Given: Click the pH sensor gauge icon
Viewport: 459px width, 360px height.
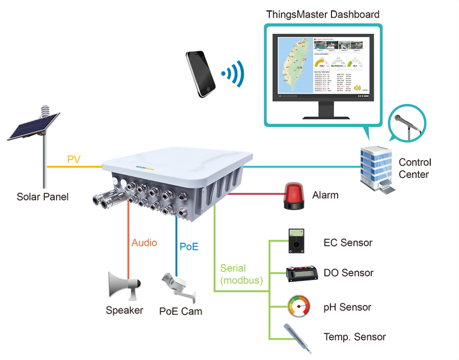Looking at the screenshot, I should point(298,306).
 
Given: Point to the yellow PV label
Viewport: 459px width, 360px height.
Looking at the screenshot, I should point(74,160).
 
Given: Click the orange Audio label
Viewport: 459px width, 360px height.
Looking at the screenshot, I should point(144,243).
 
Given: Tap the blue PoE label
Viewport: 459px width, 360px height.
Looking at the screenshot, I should point(189,247).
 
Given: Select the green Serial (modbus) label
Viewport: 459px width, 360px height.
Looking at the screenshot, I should point(241,274).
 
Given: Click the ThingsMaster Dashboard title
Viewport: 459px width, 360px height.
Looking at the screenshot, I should point(323,14).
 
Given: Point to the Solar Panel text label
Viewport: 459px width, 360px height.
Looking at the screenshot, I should point(42,197).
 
